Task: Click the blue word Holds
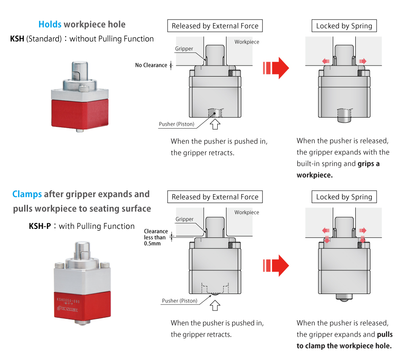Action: click(50, 25)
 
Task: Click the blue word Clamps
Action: click(27, 194)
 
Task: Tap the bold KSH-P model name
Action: click(40, 226)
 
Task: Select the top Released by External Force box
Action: click(215, 26)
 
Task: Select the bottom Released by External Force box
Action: click(215, 197)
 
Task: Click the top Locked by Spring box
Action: click(344, 26)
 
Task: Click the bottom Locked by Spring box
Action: click(344, 197)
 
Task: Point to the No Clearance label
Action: click(151, 65)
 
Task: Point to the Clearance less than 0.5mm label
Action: click(155, 237)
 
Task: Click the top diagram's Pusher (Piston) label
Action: click(177, 124)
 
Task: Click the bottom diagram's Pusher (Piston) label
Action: click(180, 301)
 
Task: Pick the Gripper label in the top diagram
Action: click(184, 49)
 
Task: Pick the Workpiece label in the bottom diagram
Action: click(246, 212)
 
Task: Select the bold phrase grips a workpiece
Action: click(338, 169)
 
